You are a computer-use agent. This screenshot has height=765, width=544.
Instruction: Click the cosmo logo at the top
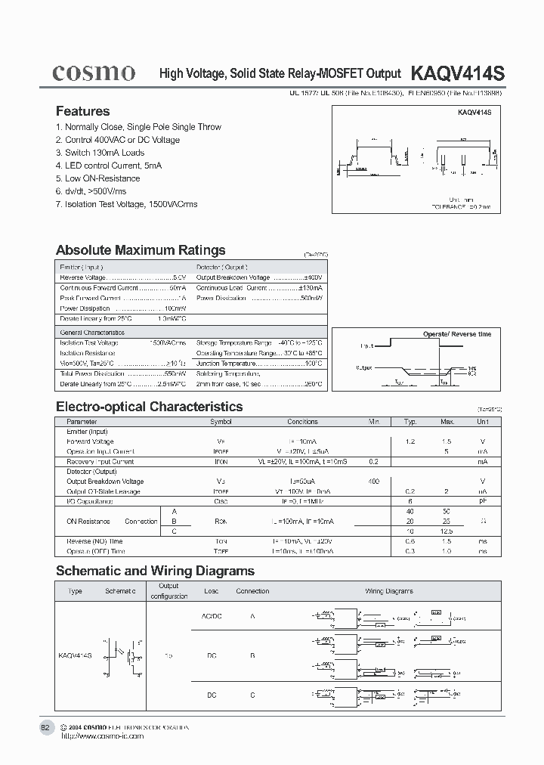94,73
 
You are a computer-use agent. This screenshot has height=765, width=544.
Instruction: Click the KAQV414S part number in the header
457,73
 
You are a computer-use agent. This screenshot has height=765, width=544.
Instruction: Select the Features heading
82,111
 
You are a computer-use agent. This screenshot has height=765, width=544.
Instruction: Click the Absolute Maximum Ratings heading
141,250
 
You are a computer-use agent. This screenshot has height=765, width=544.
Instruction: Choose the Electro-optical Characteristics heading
150,407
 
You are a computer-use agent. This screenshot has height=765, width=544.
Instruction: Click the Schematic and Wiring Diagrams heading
155,571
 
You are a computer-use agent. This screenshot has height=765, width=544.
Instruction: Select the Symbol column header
221,422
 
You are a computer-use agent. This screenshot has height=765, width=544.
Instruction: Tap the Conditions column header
302,422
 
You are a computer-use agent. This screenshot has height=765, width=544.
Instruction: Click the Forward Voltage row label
90,441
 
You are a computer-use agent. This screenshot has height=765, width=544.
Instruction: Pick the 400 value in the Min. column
373,482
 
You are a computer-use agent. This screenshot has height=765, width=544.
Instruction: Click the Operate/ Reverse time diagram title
456,333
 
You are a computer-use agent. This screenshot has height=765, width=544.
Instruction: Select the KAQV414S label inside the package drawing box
474,112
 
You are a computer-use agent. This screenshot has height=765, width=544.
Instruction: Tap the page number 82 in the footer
45,727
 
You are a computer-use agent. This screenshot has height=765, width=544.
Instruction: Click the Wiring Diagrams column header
389,591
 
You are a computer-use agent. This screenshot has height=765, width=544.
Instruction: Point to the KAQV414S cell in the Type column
75,655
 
